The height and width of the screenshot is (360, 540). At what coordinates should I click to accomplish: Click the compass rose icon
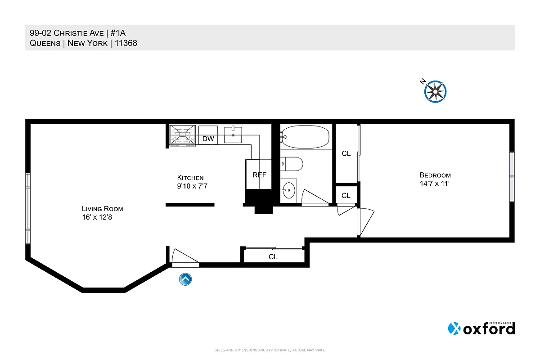(435, 91)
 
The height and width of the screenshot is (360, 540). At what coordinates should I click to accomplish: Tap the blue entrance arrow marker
(185, 279)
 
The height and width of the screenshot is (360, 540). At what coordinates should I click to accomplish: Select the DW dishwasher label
(208, 139)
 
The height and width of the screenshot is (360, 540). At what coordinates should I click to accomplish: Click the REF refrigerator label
(259, 175)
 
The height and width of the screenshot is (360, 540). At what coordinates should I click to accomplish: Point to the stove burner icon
(183, 135)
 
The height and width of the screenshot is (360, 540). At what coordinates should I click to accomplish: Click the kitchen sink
(234, 134)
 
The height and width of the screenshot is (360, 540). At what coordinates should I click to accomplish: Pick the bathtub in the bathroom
(306, 136)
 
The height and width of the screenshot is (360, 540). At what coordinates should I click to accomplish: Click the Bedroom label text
(435, 175)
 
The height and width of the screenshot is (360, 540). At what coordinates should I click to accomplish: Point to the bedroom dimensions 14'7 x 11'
(435, 184)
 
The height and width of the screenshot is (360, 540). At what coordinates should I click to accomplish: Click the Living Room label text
(102, 209)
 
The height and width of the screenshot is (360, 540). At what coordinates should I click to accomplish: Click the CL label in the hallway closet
(273, 257)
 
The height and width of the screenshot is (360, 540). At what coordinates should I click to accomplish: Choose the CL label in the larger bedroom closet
(346, 153)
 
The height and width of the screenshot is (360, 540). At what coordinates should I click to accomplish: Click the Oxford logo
(481, 328)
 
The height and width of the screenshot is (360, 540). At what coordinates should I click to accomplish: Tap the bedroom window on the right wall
(512, 177)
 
